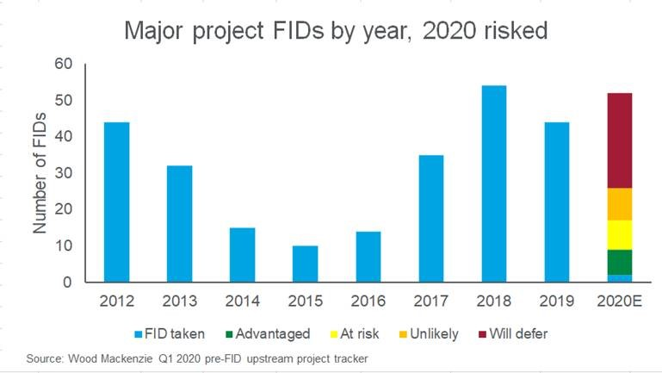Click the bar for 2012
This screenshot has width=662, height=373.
(116, 202)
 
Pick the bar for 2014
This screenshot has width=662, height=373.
(242, 255)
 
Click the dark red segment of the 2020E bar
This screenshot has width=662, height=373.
(620, 140)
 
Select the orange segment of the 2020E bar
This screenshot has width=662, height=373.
(620, 204)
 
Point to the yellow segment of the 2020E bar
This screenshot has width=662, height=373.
(620, 235)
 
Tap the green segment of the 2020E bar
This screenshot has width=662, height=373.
(620, 262)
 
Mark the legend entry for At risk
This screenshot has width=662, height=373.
(358, 334)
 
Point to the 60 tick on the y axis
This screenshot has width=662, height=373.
(65, 64)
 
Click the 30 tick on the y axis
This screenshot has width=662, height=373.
(65, 173)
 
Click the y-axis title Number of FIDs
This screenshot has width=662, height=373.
(40, 172)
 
